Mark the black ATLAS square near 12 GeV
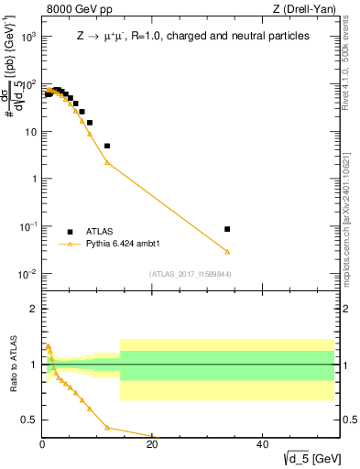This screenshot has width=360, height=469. (x=107, y=146)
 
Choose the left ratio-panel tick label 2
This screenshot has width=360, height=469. (x=32, y=309)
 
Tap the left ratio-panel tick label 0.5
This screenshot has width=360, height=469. (x=28, y=420)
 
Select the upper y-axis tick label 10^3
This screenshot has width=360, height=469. (x=27, y=37)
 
